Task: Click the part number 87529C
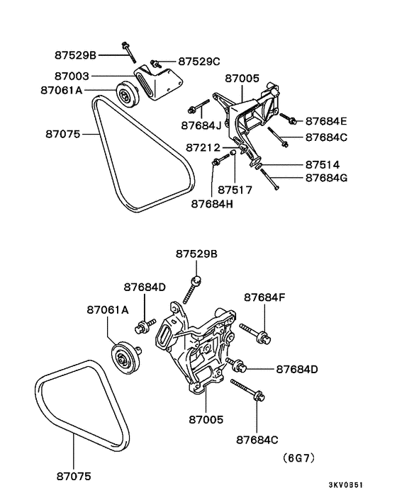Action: (x=199, y=61)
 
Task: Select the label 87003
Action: (x=72, y=76)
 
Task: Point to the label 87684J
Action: (x=201, y=125)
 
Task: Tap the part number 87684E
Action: (x=326, y=121)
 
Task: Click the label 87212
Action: (x=203, y=147)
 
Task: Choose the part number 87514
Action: (x=323, y=165)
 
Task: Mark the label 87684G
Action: (x=327, y=178)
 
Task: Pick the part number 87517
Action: (x=235, y=190)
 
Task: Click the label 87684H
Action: (x=212, y=204)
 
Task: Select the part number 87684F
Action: (x=265, y=297)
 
